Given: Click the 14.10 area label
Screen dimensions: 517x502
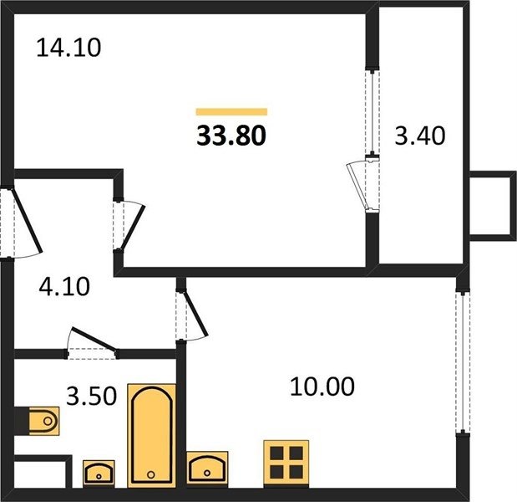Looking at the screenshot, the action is (68, 49).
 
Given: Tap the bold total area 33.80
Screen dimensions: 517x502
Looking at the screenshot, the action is (231, 136).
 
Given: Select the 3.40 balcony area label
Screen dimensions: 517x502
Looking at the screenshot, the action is (420, 136).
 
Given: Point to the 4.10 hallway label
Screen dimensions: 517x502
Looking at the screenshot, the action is (64, 286).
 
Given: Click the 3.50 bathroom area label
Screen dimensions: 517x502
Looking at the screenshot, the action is (91, 396).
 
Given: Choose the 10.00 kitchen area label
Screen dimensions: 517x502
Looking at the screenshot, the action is (322, 386).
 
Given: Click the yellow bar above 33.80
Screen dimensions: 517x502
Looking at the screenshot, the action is (231, 111).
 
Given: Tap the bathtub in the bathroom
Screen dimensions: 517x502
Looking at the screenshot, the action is (152, 436).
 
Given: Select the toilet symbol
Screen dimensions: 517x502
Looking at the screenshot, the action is (44, 421).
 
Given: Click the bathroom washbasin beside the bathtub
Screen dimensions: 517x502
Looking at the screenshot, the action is (99, 474).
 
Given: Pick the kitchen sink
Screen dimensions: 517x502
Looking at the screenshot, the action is (207, 469).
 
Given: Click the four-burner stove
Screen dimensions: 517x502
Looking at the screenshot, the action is (286, 463).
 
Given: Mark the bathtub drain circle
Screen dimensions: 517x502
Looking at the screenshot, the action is (151, 474).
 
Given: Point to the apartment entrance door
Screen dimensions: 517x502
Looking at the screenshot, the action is (28, 220).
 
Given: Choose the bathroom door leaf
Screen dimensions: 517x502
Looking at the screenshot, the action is (94, 339).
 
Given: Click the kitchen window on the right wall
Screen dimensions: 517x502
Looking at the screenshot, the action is (463, 362).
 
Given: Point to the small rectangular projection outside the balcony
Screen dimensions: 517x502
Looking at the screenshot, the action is (494, 206).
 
